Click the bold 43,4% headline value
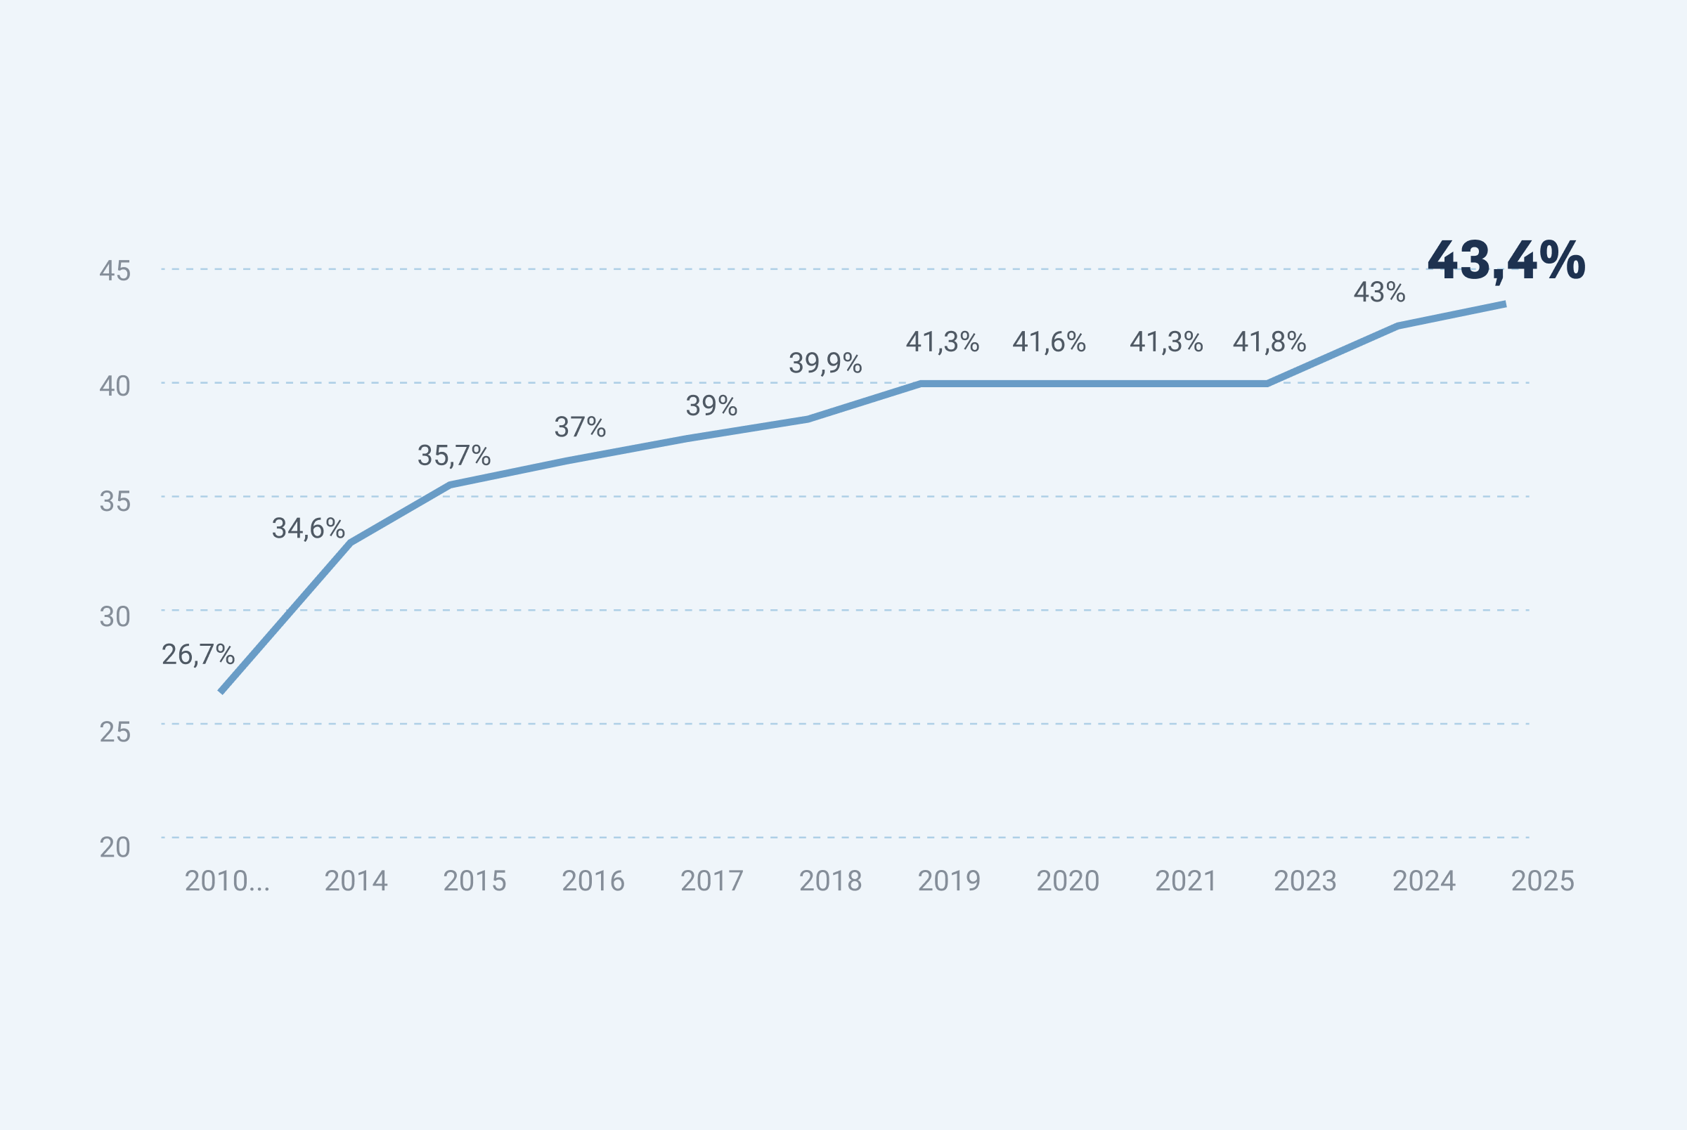pyautogui.click(x=1506, y=261)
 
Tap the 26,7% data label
pyautogui.click(x=198, y=655)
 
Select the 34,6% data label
pyautogui.click(x=308, y=529)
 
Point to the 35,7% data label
pyautogui.click(x=453, y=456)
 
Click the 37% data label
pyautogui.click(x=579, y=427)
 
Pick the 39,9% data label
pyautogui.click(x=825, y=364)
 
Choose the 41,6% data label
pyautogui.click(x=1049, y=342)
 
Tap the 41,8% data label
pyautogui.click(x=1268, y=342)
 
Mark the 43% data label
pyautogui.click(x=1378, y=292)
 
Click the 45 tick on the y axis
pyautogui.click(x=115, y=271)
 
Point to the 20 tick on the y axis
pyautogui.click(x=115, y=848)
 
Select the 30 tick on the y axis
pyautogui.click(x=115, y=617)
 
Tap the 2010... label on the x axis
pyautogui.click(x=227, y=881)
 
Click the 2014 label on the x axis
pyautogui.click(x=356, y=881)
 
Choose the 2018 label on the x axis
pyautogui.click(x=830, y=881)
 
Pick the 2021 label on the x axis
pyautogui.click(x=1185, y=881)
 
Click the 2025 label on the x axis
pyautogui.click(x=1542, y=881)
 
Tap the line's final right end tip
pyautogui.click(x=1504, y=304)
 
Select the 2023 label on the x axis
pyautogui.click(x=1305, y=881)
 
